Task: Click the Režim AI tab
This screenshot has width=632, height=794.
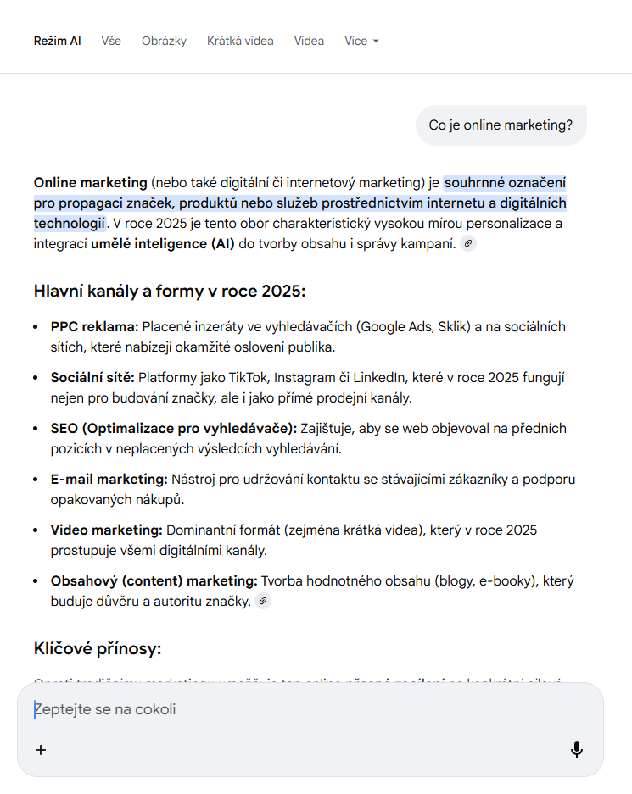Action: coord(57,41)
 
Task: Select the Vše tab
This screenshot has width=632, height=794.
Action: coord(111,41)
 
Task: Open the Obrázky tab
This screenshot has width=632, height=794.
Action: coord(164,41)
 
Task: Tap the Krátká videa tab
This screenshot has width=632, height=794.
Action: coord(240,41)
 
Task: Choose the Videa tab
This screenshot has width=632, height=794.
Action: coord(309,41)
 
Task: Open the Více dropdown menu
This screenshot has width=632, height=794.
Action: coord(361,41)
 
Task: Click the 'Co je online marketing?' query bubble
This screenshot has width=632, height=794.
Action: coord(501,125)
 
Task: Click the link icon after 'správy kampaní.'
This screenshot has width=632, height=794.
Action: coord(468,244)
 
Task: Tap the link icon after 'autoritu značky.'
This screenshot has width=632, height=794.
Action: coord(263,602)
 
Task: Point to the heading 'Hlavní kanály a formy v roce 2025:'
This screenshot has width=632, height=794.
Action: coord(169,292)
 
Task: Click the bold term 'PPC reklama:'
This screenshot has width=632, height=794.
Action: coord(94,327)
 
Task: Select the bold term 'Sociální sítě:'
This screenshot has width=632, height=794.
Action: coord(92,378)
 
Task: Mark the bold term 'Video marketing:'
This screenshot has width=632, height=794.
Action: coord(106,530)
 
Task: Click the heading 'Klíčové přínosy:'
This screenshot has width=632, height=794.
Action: coord(97,649)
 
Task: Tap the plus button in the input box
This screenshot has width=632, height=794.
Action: coord(41,750)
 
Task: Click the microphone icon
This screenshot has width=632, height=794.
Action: coord(577,750)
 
